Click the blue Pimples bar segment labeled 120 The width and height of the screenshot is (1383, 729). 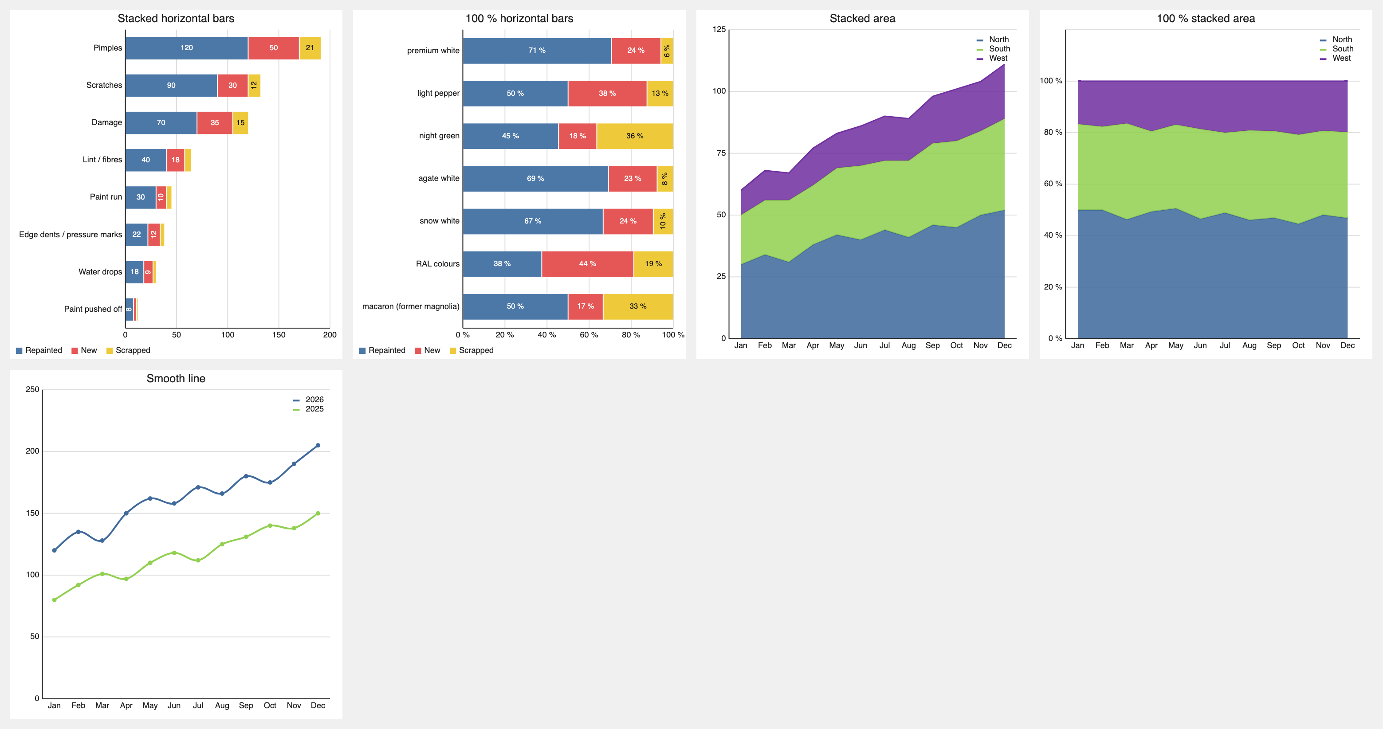(186, 48)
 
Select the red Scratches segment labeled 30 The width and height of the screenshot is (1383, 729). (232, 85)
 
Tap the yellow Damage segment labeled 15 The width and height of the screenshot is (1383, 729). (240, 122)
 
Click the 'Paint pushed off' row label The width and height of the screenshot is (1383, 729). (93, 309)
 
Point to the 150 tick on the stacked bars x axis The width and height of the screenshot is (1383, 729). (279, 334)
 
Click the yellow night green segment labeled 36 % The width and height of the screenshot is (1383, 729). (635, 136)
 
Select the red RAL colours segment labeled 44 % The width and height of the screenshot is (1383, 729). (587, 263)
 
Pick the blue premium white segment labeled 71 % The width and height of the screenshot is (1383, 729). (537, 51)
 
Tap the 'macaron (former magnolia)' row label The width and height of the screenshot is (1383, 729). (411, 306)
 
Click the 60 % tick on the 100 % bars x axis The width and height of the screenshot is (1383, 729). (589, 334)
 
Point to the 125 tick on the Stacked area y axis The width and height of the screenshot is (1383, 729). (719, 30)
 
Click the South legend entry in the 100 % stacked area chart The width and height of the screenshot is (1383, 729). (1336, 49)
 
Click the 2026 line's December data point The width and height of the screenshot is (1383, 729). (318, 446)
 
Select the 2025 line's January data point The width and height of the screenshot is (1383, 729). (54, 600)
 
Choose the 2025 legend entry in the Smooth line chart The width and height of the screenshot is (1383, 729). (308, 409)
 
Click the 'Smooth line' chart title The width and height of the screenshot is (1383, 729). (176, 378)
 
